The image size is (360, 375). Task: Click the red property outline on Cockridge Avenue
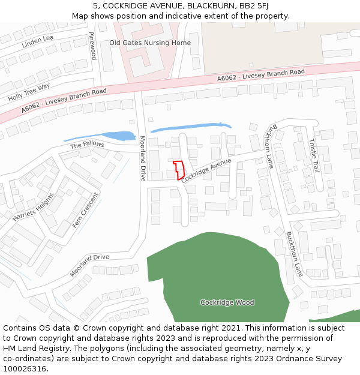click(x=178, y=168)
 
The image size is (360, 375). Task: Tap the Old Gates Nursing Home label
click(x=150, y=43)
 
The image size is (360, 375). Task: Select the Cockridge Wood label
click(x=227, y=302)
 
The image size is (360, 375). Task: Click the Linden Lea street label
click(x=38, y=41)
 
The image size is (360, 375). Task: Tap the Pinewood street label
click(x=92, y=46)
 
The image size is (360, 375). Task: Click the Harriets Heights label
click(x=33, y=206)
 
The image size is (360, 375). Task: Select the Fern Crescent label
click(x=85, y=209)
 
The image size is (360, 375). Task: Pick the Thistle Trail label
click(x=313, y=155)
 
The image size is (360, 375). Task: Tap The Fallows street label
click(x=87, y=145)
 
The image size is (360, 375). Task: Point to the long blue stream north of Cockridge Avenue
click(x=191, y=127)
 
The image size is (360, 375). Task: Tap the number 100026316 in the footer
click(x=24, y=368)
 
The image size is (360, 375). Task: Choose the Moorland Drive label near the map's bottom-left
click(x=89, y=265)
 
